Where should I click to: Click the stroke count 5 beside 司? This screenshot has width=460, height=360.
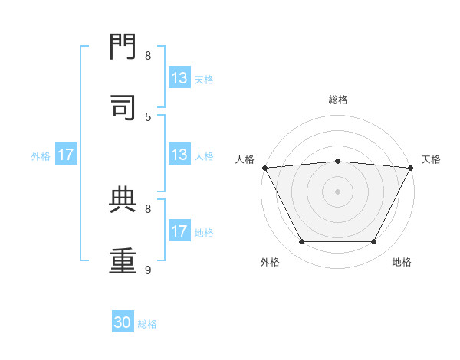coord(148,116)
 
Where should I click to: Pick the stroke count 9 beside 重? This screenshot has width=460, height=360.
coord(148,270)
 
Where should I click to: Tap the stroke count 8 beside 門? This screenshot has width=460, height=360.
coord(148,55)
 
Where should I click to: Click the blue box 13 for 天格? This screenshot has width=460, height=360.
coord(179,78)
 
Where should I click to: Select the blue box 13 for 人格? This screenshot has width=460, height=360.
coord(179,155)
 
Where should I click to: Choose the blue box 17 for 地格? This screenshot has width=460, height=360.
coord(179,231)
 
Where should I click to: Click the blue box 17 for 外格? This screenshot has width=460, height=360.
coord(66,155)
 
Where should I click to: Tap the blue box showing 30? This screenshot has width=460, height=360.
coord(123,322)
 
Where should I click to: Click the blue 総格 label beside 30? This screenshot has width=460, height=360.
coord(148,324)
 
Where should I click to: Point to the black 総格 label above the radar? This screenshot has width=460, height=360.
coord(337,100)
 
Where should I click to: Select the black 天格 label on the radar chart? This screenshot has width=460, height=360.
coord(431,159)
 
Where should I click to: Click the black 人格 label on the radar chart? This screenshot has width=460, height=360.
coord(245,159)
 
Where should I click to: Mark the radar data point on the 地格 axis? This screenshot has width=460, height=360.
coord(374,242)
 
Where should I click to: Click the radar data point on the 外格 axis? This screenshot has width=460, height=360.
coord(301,242)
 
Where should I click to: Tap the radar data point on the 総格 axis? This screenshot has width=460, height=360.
coord(337,161)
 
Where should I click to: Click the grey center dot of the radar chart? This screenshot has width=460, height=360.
coord(337,191)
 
